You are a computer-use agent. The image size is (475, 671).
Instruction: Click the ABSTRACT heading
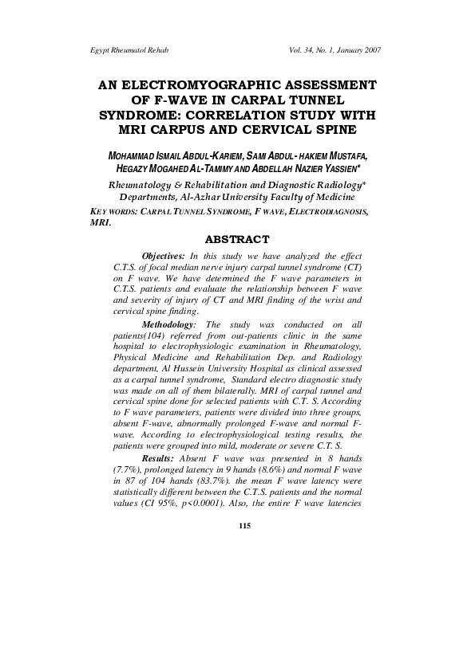click(x=238, y=238)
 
